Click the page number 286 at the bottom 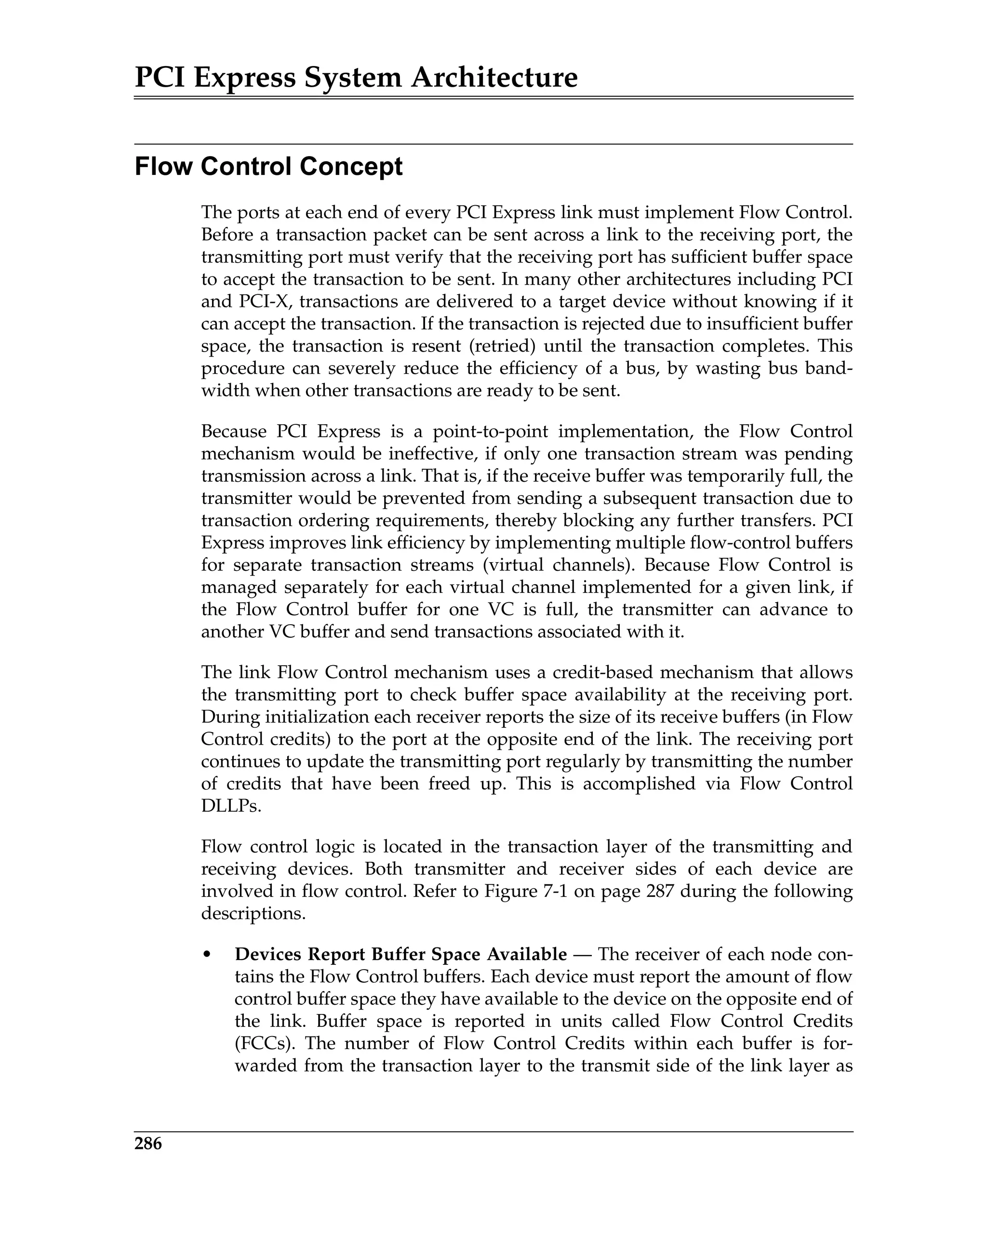tap(148, 1143)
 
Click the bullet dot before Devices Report tap(208, 955)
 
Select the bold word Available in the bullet tap(527, 954)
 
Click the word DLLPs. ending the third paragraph tap(231, 806)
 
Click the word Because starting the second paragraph tap(234, 431)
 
